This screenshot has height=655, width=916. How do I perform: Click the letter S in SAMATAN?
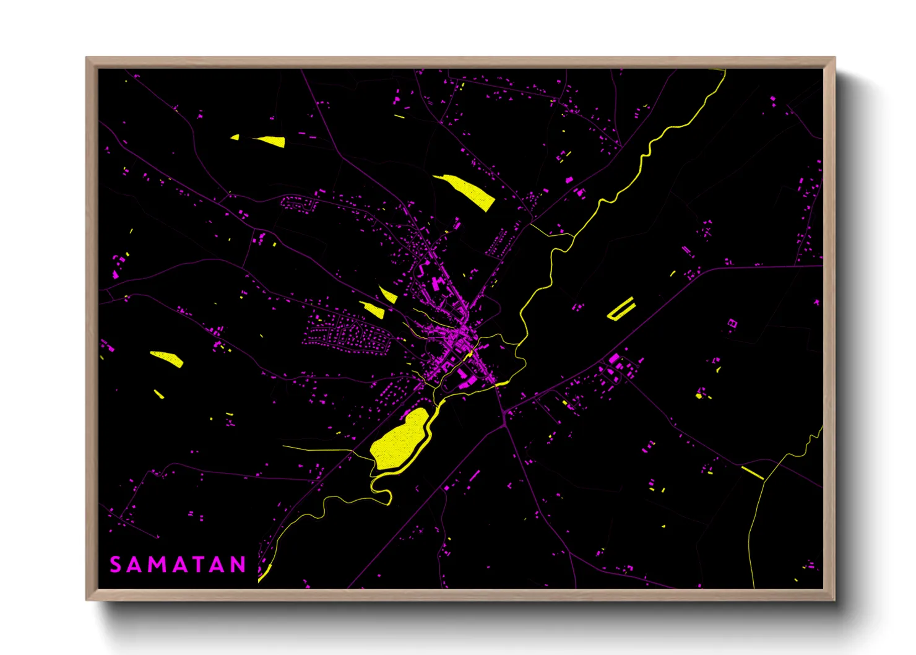pyautogui.click(x=116, y=565)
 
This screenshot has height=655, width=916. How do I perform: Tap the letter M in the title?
pyautogui.click(x=156, y=565)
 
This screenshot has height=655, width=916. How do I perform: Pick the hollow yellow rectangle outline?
pyautogui.click(x=621, y=308)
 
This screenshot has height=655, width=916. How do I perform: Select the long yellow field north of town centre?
pyautogui.click(x=469, y=190)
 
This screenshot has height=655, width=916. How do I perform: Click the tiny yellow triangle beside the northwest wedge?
pyautogui.click(x=235, y=137)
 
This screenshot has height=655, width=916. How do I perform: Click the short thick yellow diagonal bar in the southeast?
pyautogui.click(x=752, y=472)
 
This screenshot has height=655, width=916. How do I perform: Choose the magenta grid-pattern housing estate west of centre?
pyautogui.click(x=347, y=334)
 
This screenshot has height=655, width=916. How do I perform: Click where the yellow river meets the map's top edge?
pyautogui.click(x=724, y=71)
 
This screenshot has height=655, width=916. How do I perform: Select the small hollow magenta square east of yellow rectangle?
pyautogui.click(x=732, y=323)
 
